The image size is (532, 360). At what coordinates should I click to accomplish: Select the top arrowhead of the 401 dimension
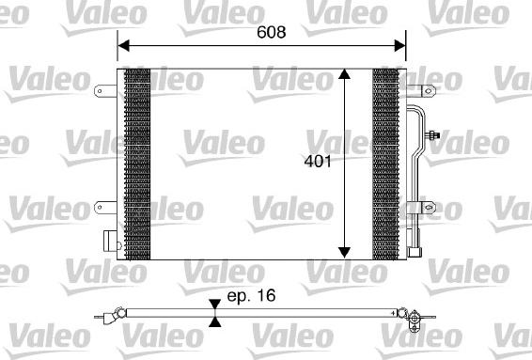pyautogui.click(x=345, y=76)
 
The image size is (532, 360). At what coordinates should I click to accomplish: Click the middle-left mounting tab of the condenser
pyautogui.click(x=104, y=205)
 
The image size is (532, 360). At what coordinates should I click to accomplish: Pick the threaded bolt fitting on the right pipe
pyautogui.click(x=434, y=137)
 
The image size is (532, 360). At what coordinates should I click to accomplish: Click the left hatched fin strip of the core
pyautogui.click(x=137, y=164)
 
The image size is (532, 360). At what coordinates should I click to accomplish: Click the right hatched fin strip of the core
pyautogui.click(x=385, y=164)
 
